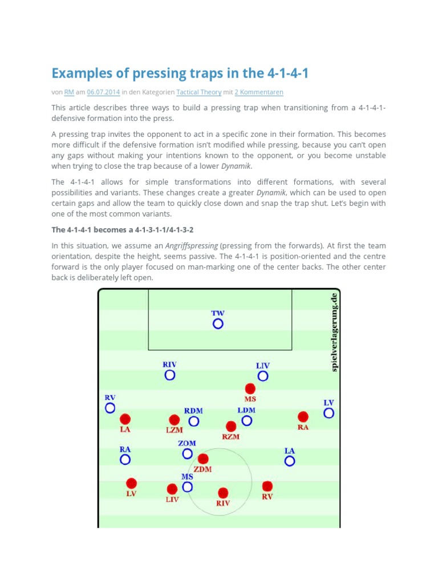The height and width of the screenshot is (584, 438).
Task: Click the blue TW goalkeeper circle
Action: [x=218, y=324]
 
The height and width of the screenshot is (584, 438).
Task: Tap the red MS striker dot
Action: [x=250, y=388]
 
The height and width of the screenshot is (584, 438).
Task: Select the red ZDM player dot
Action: [x=202, y=459]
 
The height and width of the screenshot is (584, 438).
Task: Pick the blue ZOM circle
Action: [x=188, y=454]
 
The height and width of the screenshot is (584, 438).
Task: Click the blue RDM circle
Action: [x=194, y=421]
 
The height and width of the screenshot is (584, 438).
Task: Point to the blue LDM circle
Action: [x=246, y=421]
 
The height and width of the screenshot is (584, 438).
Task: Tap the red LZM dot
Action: [x=175, y=420]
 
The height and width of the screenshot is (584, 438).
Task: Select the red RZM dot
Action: [x=231, y=426]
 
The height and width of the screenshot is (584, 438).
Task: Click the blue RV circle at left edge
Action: [x=110, y=408]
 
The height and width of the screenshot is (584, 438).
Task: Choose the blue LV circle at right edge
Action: [x=328, y=413]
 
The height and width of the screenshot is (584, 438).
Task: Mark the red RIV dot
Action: [x=223, y=493]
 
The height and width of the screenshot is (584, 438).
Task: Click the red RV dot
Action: [x=267, y=486]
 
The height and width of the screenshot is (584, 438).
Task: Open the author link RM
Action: [x=68, y=92]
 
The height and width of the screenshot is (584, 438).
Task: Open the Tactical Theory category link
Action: [x=199, y=92]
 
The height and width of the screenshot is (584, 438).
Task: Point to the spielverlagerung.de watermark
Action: [x=335, y=332]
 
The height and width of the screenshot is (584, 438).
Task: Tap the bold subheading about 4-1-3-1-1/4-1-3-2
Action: [x=122, y=230]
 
